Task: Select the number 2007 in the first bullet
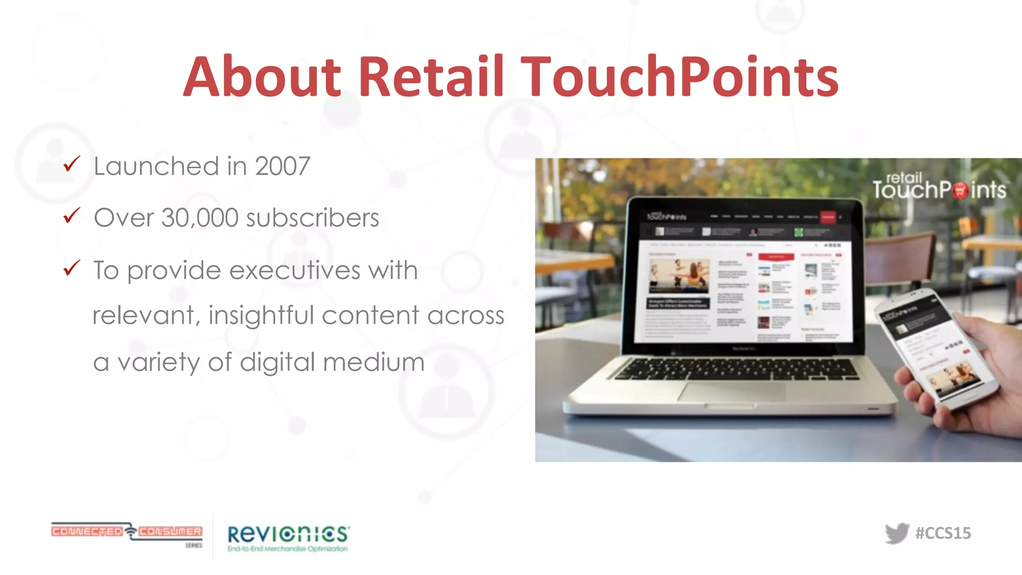coord(282,166)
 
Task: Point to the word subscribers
coord(312,218)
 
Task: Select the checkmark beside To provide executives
coord(72,268)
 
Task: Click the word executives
coord(294,271)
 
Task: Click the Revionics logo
coord(288,538)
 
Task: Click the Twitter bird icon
coord(897,533)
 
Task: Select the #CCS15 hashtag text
coord(943,533)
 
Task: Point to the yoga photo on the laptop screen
coord(679,276)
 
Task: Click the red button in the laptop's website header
coord(828,217)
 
